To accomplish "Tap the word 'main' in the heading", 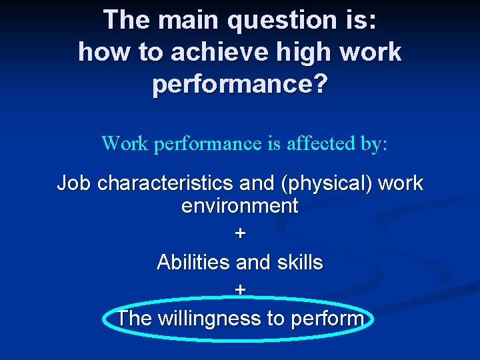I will tap(188, 21).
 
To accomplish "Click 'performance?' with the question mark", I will tap(240, 85).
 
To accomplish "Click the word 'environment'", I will tap(240, 206).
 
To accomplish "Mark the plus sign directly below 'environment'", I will tap(240, 233).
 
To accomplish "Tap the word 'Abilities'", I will tap(194, 263).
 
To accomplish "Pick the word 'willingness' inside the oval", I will tap(209, 319).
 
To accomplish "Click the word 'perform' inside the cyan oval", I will tap(327, 319).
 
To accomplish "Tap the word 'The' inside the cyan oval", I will tap(134, 319).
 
